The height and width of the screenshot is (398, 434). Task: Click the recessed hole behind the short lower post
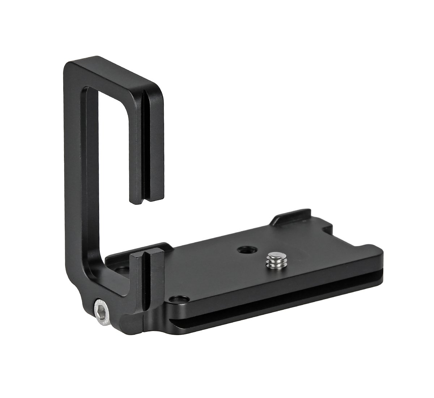(120, 270)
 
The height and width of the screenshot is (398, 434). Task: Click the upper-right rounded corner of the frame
(159, 87)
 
